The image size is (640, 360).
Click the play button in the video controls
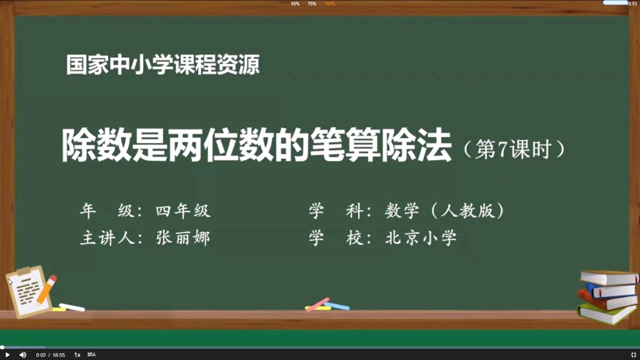point(7,354)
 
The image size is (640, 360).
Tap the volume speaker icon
point(23,354)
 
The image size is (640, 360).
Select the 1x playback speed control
point(77,354)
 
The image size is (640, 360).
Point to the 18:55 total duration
point(59,354)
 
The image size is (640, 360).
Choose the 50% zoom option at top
point(295,4)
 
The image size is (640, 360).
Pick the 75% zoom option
point(312,4)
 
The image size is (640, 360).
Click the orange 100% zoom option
point(329,4)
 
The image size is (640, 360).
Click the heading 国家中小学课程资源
point(163,65)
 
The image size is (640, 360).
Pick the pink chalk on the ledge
point(317,304)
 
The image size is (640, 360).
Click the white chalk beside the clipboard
point(72,307)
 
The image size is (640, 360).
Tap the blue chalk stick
point(337,306)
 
